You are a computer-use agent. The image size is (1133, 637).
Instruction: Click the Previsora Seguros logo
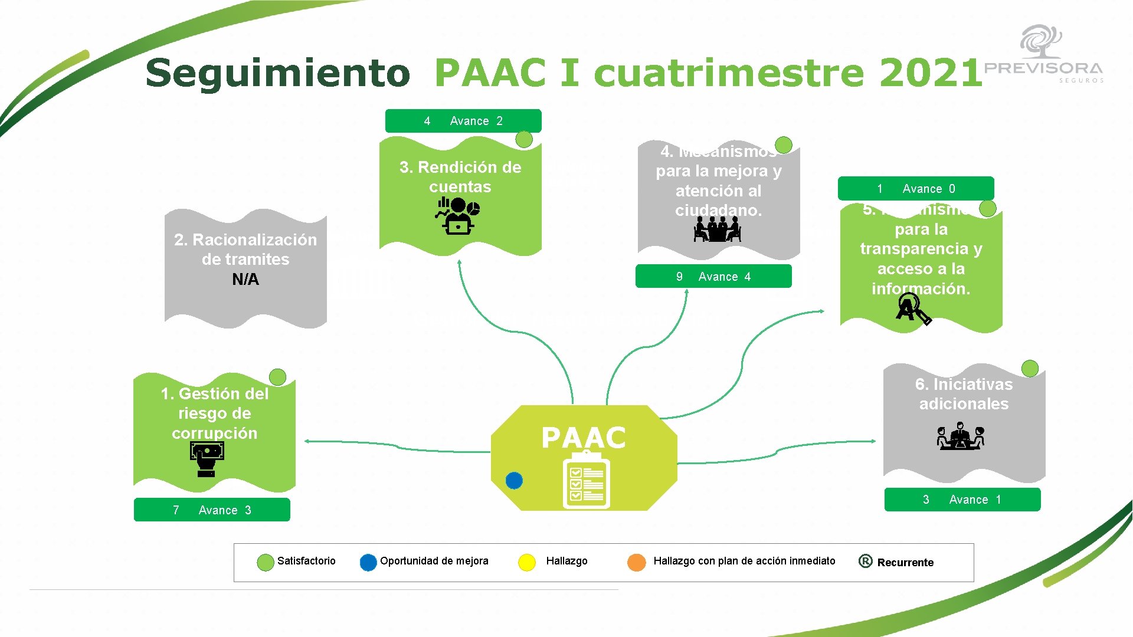1043,55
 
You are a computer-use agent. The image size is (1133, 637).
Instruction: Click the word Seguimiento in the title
278,73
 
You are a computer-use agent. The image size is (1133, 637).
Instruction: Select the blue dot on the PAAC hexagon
514,481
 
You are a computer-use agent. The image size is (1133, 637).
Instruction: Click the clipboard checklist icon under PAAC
586,481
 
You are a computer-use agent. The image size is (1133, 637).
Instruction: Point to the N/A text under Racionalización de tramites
245,280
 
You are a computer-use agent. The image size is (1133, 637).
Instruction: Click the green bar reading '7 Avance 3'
212,510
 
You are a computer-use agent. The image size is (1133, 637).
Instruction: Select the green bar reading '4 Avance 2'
463,121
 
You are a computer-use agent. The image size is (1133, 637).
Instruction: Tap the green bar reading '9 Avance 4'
713,277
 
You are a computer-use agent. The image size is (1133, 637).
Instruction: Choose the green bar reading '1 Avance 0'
916,189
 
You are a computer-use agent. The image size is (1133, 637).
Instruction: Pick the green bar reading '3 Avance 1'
962,500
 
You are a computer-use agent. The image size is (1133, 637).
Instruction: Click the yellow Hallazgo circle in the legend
526,562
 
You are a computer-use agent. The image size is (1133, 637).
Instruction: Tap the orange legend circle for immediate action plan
636,562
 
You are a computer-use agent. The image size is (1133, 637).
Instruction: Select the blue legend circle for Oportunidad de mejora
368,562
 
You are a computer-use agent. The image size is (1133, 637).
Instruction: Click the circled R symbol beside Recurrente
865,562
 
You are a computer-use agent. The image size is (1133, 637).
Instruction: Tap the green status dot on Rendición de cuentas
524,140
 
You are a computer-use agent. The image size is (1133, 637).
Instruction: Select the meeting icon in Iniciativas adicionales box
961,436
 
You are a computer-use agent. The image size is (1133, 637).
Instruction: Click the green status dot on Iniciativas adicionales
1030,369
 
